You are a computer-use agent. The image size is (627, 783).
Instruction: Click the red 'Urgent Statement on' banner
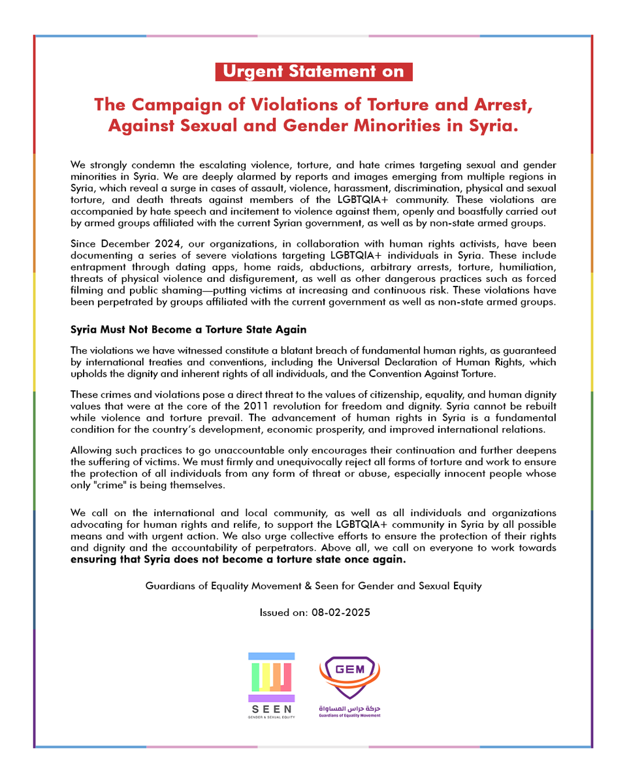[313, 72]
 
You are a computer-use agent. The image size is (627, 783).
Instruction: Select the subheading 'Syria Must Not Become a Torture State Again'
[188, 330]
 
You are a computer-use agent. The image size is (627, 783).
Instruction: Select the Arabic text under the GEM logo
[349, 709]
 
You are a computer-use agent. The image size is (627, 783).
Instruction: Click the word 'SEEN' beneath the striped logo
[271, 709]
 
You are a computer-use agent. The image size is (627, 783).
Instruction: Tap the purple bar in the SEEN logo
[271, 698]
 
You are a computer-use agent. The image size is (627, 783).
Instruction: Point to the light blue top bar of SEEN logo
[271, 656]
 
